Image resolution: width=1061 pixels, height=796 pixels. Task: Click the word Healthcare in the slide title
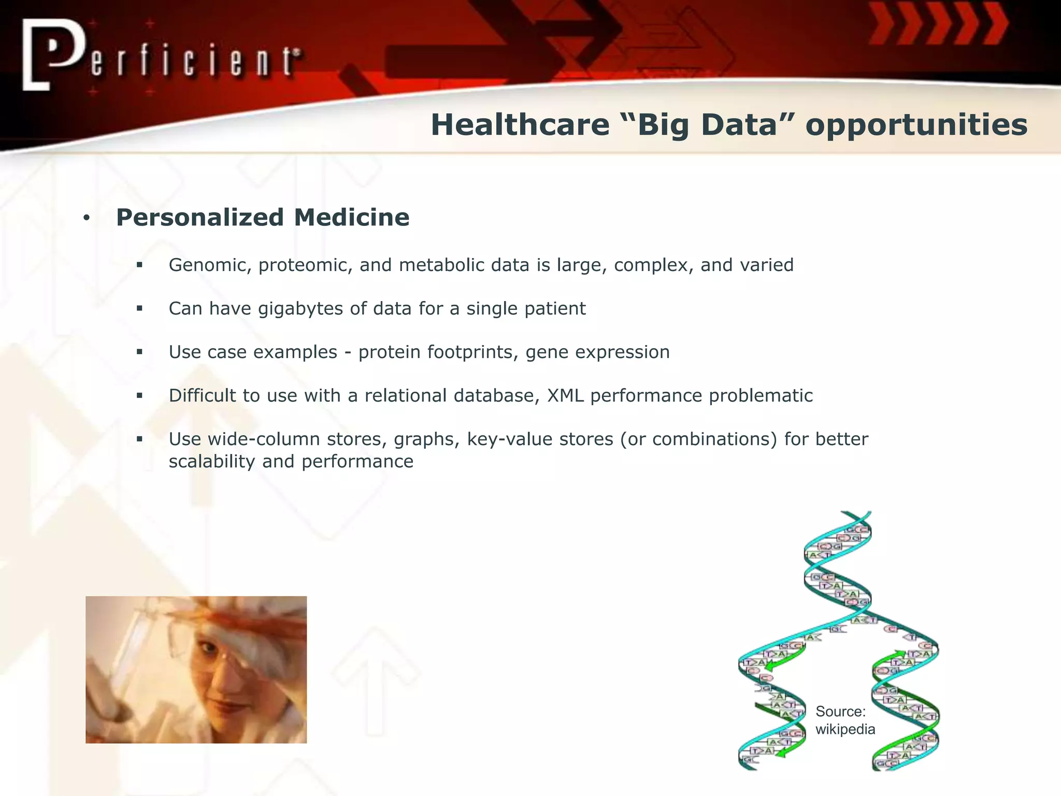pos(520,125)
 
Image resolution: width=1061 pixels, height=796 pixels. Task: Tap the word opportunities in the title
pos(916,125)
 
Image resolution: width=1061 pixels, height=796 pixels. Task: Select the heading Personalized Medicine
pos(263,217)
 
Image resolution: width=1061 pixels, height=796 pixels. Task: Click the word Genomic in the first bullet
pos(210,265)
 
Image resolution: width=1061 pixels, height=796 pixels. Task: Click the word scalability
pos(211,462)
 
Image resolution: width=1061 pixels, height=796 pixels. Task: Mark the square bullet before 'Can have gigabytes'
pos(139,308)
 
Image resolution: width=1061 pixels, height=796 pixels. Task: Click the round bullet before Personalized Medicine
pos(87,218)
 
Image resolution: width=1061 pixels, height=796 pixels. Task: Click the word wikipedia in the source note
pos(845,729)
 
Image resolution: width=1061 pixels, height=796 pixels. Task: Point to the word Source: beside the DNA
pos(840,712)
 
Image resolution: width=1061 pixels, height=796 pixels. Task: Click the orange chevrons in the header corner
pos(938,23)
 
